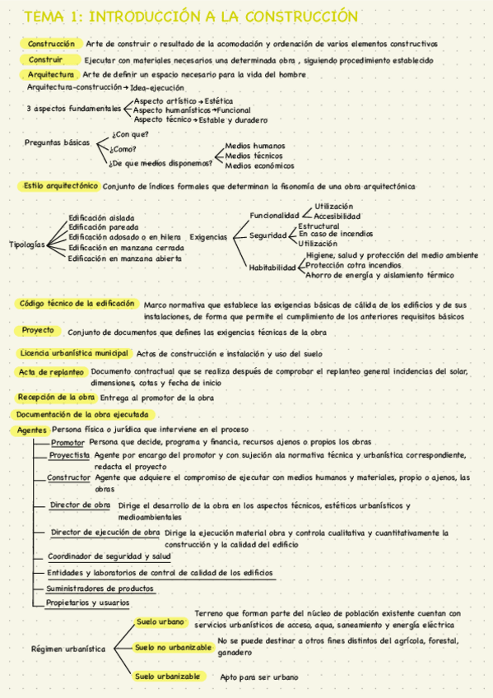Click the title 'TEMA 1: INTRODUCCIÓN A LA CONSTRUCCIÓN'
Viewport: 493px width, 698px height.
tap(190, 17)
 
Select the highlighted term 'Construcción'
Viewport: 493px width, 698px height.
tap(51, 44)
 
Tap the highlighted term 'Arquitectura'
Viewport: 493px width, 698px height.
tap(51, 74)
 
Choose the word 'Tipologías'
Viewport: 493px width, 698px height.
tap(27, 244)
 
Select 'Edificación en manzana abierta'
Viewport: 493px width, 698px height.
tap(125, 258)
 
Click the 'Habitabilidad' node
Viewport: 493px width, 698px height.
tap(272, 268)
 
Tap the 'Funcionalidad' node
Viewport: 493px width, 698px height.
tap(275, 215)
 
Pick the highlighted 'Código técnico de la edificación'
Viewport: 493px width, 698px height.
tap(77, 303)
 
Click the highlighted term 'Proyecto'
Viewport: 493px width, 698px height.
tap(38, 330)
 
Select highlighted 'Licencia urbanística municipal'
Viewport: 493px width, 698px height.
tap(74, 353)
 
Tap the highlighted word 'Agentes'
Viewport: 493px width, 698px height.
tap(32, 430)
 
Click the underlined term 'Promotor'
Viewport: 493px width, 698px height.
tap(67, 443)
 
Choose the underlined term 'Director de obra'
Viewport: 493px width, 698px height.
tap(80, 505)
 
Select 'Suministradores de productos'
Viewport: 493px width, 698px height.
tap(100, 589)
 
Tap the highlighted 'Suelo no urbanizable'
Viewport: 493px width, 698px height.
tap(173, 647)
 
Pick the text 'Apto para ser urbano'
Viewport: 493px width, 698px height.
tap(259, 677)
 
